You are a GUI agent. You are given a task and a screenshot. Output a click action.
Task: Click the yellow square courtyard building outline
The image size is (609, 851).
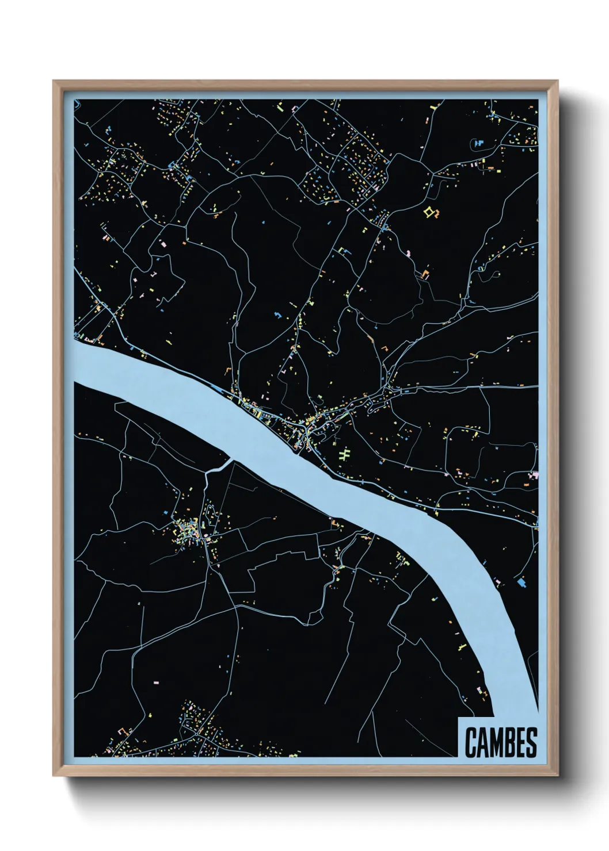point(428,213)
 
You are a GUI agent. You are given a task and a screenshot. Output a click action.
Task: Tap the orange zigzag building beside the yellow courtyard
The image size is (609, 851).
point(426,273)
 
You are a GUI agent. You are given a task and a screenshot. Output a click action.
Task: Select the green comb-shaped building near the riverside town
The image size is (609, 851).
point(345,455)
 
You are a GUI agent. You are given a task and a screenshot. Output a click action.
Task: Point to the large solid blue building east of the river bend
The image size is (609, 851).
point(522,582)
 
